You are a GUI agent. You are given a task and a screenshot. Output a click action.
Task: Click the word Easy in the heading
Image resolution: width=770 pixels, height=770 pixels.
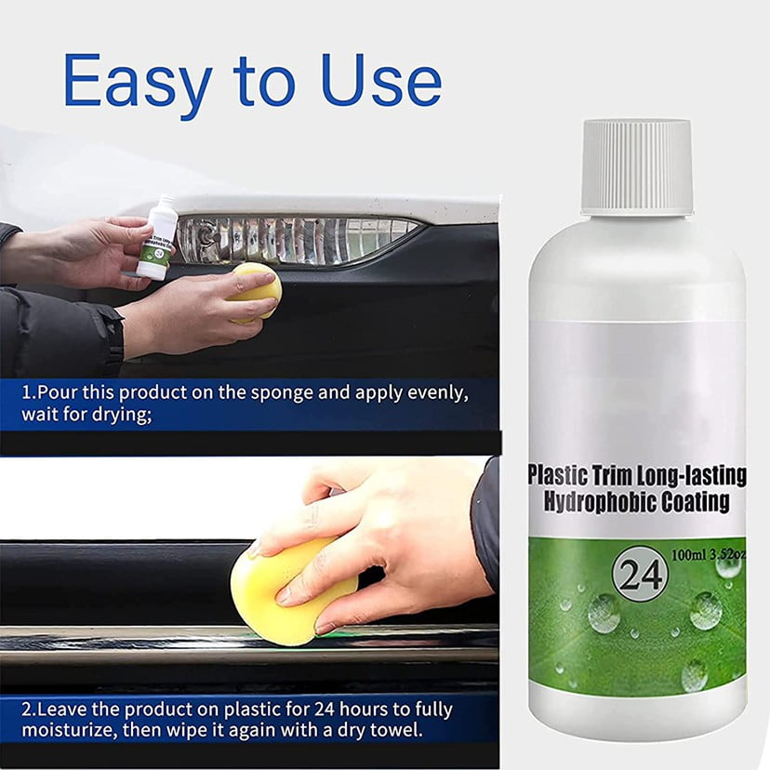point(138,83)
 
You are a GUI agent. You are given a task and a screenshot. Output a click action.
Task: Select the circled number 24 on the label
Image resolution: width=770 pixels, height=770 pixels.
point(641,573)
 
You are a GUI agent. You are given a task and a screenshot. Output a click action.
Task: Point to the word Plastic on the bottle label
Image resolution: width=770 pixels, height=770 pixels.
point(555,475)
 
